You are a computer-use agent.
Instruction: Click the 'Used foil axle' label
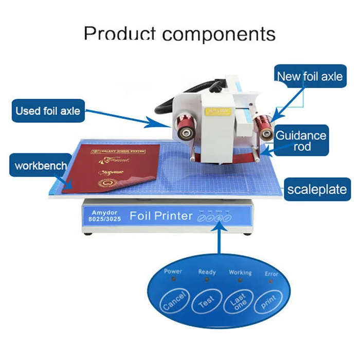pos(48,111)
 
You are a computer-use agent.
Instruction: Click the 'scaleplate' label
pos(317,189)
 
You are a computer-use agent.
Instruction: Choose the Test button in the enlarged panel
pos(207,302)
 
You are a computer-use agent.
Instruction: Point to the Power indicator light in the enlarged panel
pos(174,279)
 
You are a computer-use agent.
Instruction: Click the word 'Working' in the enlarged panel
pos(240,272)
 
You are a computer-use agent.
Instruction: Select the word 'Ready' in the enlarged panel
pos(207,272)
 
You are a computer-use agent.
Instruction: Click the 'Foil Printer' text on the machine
pos(161,215)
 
